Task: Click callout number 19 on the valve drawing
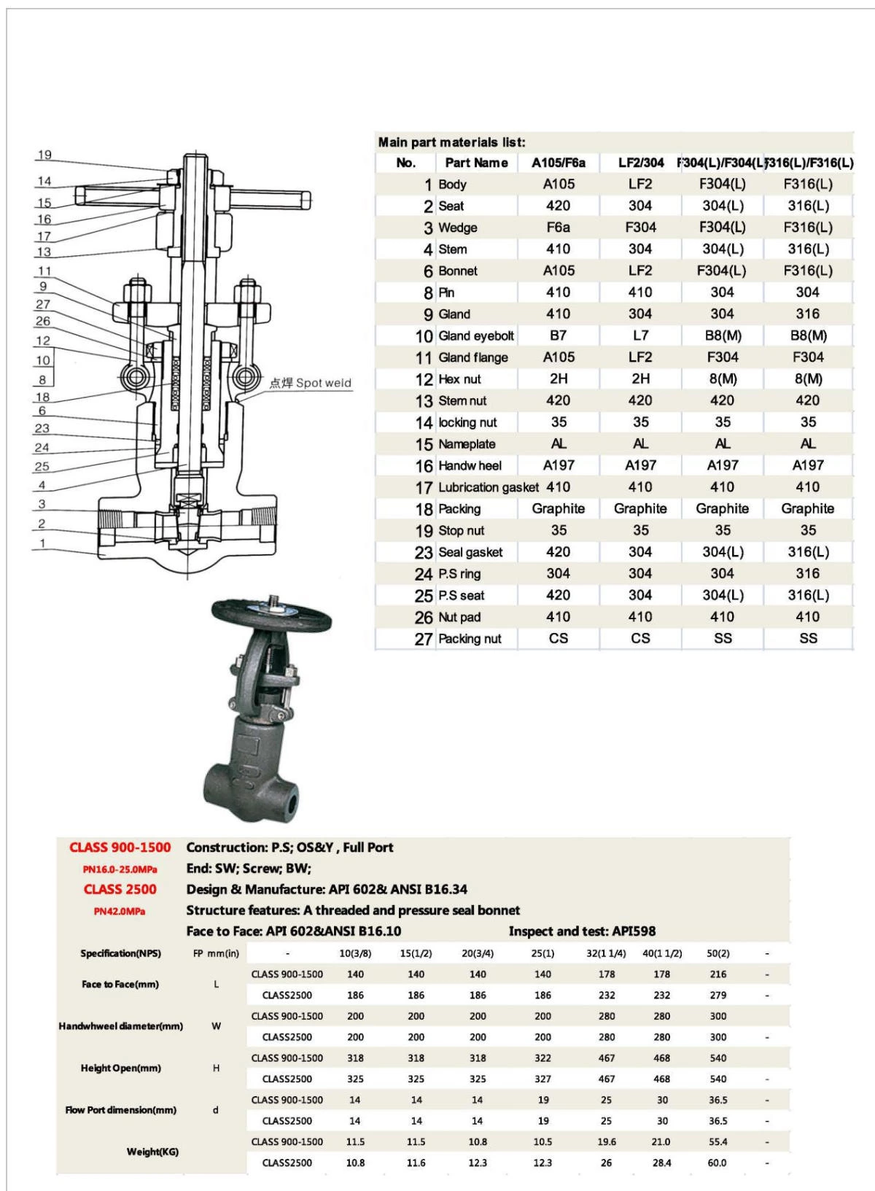(x=44, y=155)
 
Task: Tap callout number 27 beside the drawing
(x=43, y=304)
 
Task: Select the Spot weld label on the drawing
(x=311, y=383)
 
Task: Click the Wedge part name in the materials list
(x=458, y=228)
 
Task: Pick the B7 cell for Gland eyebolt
(x=558, y=335)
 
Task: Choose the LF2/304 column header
(x=640, y=163)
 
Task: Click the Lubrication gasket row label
(x=488, y=487)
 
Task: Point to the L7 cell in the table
(x=640, y=335)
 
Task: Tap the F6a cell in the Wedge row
(x=558, y=228)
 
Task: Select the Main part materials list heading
(x=451, y=142)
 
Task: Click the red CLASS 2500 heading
(x=120, y=889)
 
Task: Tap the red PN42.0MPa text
(x=120, y=911)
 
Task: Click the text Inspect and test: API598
(x=582, y=931)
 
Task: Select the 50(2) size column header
(x=717, y=953)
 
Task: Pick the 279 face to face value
(x=717, y=995)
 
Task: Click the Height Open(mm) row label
(x=120, y=1068)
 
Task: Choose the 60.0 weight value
(x=717, y=1163)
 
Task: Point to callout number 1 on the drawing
(x=42, y=543)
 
